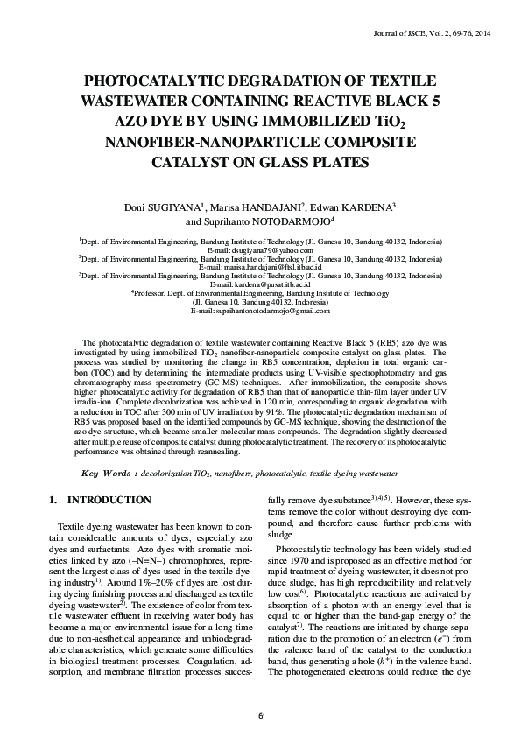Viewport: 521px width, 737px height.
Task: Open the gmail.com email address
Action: click(x=261, y=311)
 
